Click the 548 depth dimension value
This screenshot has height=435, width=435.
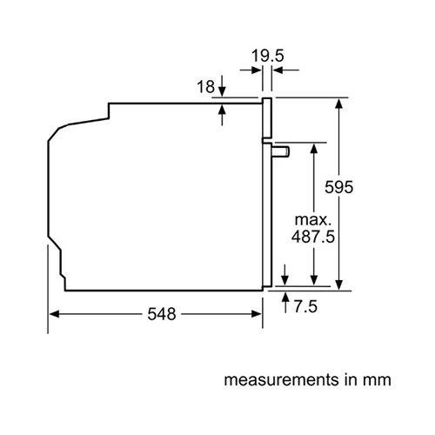157,314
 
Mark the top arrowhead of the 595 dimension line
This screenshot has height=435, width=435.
339,104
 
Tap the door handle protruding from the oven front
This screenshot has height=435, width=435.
282,151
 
